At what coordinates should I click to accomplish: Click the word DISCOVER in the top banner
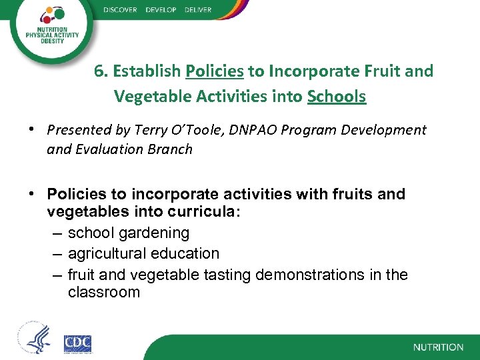pos(121,9)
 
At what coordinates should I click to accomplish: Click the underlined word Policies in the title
pos(215,71)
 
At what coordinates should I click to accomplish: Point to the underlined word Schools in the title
pos(337,97)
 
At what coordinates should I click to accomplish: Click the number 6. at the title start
pos(101,71)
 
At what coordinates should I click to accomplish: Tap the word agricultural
pos(111,254)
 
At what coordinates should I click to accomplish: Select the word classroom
pos(103,292)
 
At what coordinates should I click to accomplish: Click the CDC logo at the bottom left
pos(77,344)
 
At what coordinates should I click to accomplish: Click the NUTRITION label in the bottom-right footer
pos(438,347)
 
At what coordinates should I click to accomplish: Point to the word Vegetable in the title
pos(154,97)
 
